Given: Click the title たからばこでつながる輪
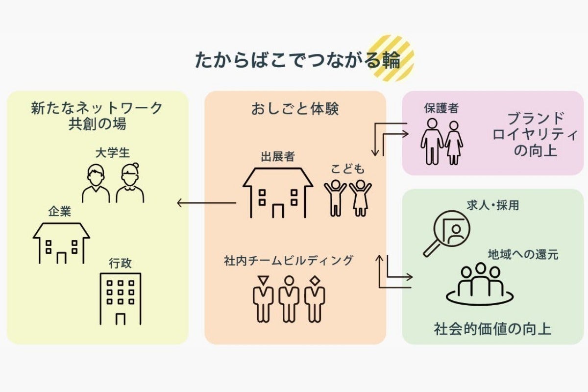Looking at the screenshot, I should tap(297, 60).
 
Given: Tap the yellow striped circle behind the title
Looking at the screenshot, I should tap(392, 57).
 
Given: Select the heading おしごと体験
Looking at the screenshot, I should tap(295, 109).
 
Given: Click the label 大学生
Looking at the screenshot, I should tap(112, 152).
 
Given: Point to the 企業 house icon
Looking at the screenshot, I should tap(61, 243).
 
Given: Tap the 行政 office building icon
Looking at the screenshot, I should tap(120, 298).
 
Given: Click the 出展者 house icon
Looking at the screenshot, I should tap(278, 193).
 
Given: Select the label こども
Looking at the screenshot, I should tap(348, 169).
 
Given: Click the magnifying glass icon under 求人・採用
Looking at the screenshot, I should tap(445, 233).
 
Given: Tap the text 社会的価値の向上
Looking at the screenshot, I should tap(492, 328).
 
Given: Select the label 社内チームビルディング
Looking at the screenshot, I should tap(288, 260).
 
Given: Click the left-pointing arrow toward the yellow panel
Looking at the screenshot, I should tap(206, 202).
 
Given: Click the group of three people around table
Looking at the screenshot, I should tap(480, 284).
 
